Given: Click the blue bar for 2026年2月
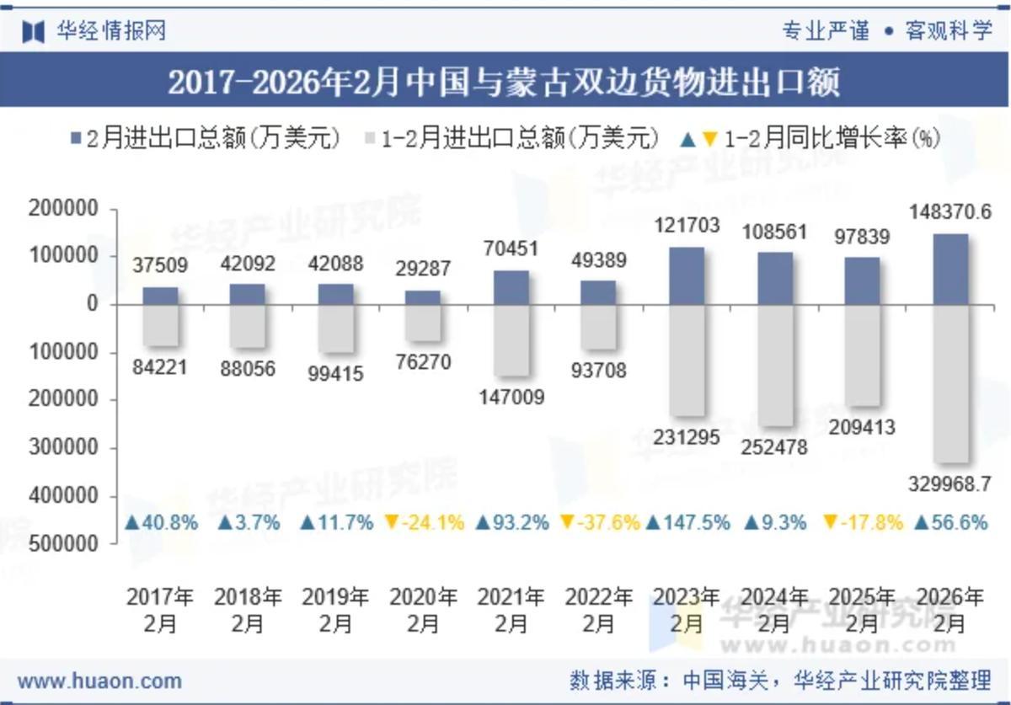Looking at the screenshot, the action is [950, 270].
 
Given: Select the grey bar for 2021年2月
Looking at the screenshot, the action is [511, 340].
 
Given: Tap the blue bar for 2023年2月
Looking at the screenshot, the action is [687, 276].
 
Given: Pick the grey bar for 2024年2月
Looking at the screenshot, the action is [775, 366].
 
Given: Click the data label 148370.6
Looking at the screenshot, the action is [950, 212].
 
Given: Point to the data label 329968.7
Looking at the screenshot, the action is [949, 484].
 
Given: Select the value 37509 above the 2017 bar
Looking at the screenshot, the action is [160, 265].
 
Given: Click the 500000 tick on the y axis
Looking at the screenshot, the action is [63, 544].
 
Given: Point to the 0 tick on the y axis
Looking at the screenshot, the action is [93, 303].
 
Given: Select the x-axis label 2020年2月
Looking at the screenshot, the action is [423, 610].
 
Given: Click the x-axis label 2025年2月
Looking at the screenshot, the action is [862, 610].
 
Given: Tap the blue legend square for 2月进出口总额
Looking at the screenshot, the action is [76, 138].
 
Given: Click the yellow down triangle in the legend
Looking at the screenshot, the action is [710, 139].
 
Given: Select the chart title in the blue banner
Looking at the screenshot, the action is [504, 83].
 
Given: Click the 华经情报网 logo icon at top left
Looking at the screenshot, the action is [34, 32].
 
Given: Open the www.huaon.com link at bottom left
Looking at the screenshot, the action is [99, 681].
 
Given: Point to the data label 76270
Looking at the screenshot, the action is [423, 362].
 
